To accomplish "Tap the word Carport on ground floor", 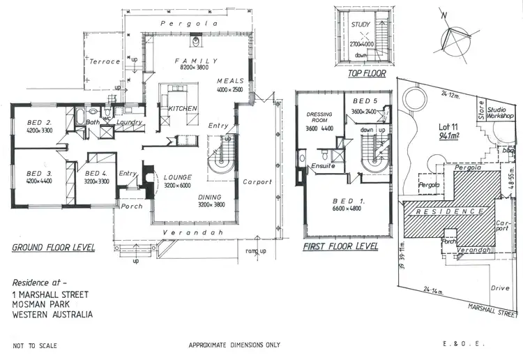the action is [257, 183].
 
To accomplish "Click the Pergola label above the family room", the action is [185, 24].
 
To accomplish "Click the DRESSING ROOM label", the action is [317, 117].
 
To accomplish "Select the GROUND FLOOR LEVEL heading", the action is [54, 248].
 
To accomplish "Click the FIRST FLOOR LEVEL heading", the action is [340, 247].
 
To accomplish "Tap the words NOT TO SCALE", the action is [35, 345].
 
